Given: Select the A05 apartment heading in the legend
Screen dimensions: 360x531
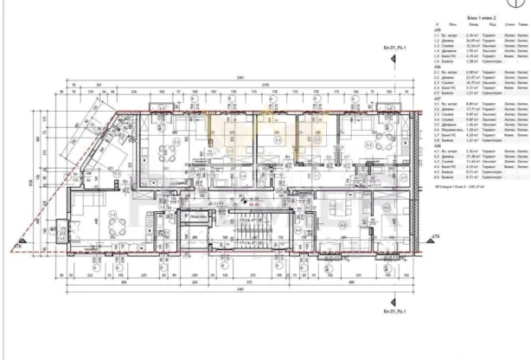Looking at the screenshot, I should (438, 29).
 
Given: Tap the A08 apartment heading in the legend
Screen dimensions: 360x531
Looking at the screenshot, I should (438, 145).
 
